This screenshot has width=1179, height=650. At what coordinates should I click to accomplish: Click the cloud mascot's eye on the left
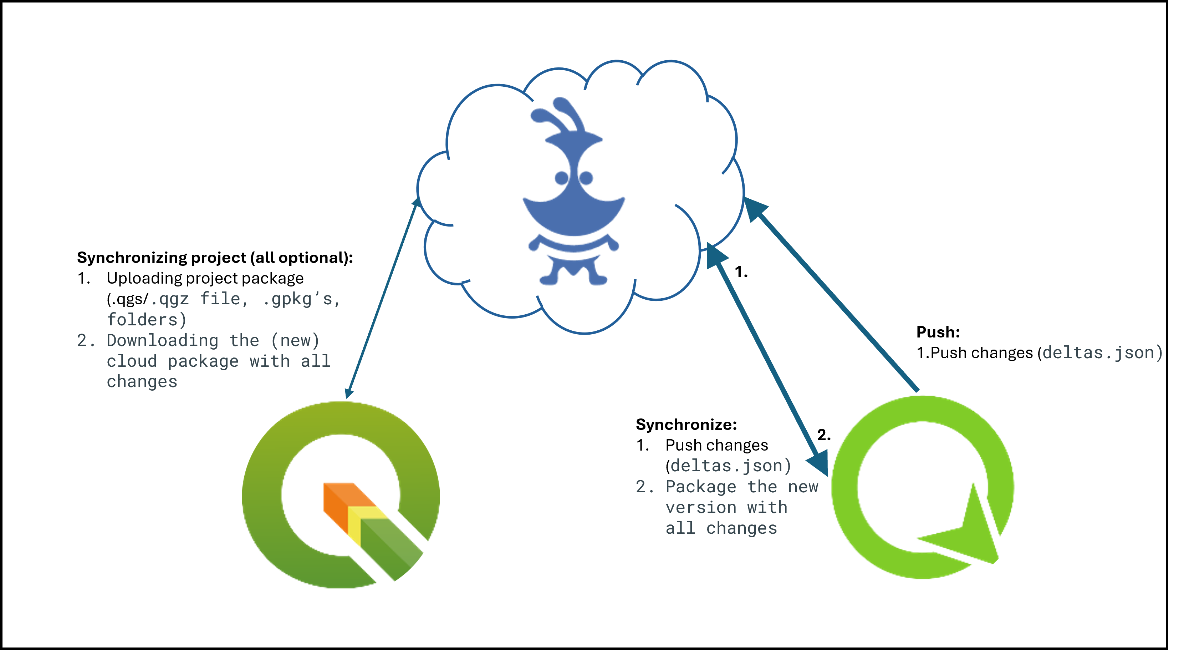(x=562, y=178)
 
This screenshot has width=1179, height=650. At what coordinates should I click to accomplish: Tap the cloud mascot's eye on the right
(x=586, y=178)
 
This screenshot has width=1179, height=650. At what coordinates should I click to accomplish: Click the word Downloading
(x=163, y=341)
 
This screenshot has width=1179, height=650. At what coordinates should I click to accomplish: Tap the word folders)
(x=147, y=320)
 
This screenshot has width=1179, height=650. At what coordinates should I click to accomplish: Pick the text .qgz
(x=170, y=299)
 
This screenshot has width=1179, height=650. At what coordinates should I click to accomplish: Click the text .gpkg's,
(x=302, y=299)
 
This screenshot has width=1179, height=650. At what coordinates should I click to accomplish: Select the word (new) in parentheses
(x=295, y=341)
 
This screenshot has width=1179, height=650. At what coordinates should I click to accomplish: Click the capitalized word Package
(x=701, y=487)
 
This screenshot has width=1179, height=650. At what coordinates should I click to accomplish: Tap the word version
(x=701, y=508)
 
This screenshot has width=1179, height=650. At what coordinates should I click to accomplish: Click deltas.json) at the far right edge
(x=1102, y=353)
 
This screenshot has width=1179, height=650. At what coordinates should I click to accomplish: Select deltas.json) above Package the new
(x=730, y=466)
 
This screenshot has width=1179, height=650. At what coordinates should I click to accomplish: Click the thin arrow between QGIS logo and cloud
(x=382, y=298)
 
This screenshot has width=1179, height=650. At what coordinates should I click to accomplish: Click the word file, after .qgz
(x=224, y=299)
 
